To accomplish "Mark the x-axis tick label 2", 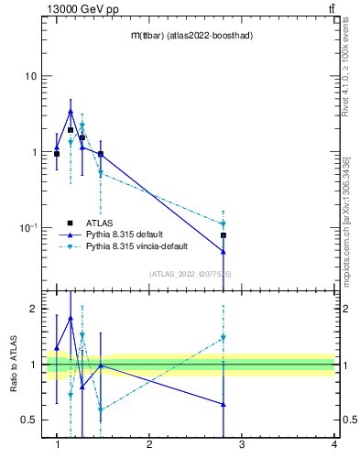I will tap(149, 444).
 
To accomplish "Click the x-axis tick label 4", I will tap(334, 444).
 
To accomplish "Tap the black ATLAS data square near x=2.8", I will tap(224, 235).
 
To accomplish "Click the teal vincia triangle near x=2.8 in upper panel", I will tap(224, 224).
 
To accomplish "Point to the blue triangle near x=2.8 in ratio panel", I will tap(224, 404).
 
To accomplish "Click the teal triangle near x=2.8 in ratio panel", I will tap(224, 338).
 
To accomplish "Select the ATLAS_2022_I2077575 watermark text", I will tap(191, 273).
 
